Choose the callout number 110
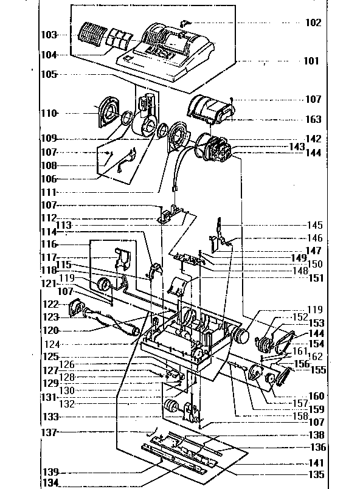[49, 113]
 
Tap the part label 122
[49, 303]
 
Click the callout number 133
[49, 417]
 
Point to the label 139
[49, 472]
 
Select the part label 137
[49, 432]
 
